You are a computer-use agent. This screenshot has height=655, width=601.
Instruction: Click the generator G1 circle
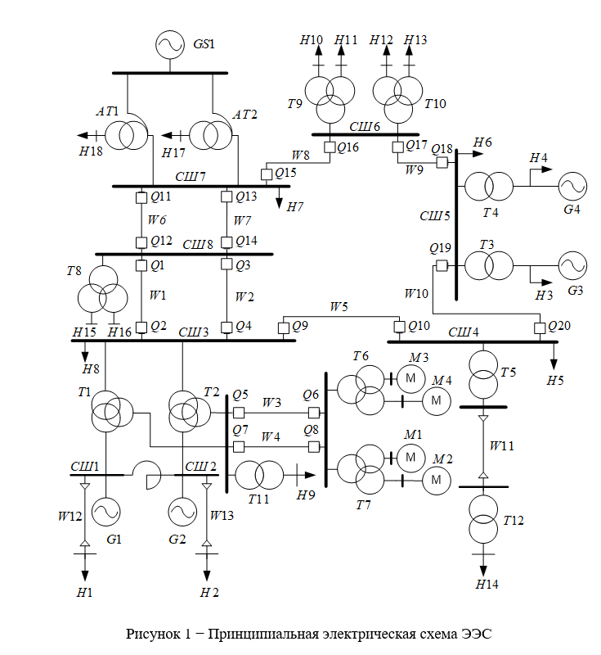(106, 513)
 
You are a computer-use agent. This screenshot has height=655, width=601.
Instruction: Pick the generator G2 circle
(181, 513)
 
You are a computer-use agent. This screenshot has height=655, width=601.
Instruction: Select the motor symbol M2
(437, 479)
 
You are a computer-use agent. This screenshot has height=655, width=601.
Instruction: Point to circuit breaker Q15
(267, 174)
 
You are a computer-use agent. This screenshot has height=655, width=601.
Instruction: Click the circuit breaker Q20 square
(540, 328)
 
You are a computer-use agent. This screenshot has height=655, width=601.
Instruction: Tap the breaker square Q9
(284, 327)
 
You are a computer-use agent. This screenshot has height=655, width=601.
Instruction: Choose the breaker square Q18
(442, 162)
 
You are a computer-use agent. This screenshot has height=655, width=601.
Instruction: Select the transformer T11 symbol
(258, 475)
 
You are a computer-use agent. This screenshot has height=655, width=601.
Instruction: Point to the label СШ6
(366, 126)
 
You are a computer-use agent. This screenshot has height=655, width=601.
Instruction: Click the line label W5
(339, 307)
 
